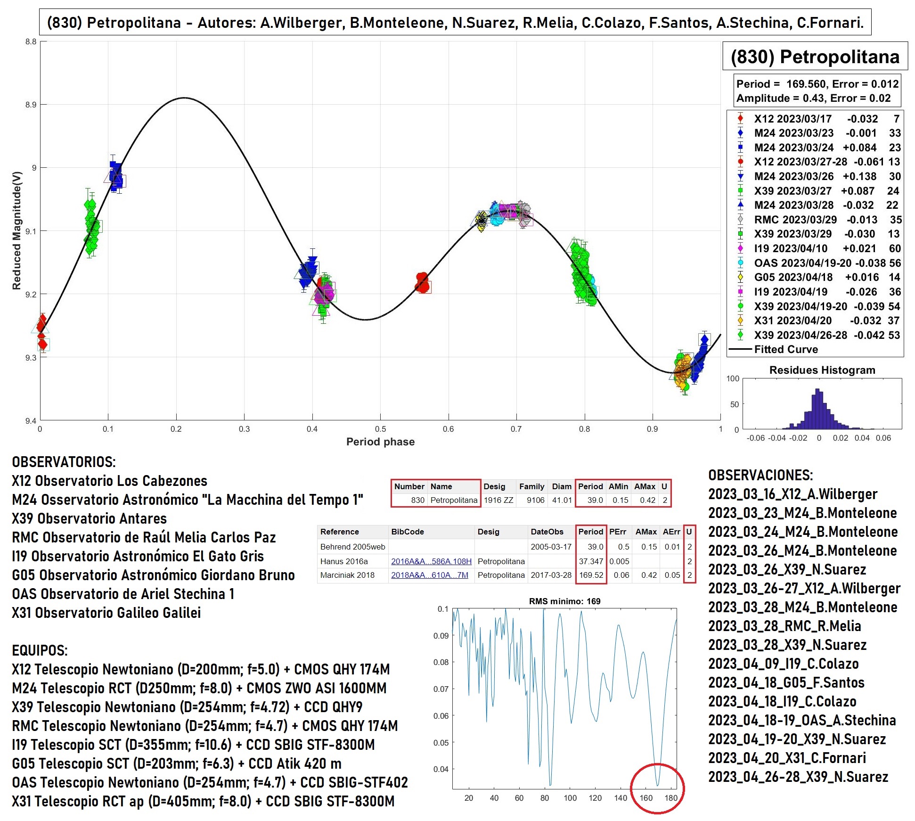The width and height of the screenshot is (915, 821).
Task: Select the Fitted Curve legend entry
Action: pos(786,349)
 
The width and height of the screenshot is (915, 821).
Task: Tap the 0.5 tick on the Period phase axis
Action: pos(380,429)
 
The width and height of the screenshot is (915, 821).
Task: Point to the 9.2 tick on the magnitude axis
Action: pos(31,295)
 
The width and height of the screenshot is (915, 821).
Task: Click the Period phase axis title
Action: pos(380,442)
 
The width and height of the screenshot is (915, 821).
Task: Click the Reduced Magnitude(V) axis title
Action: pos(17,230)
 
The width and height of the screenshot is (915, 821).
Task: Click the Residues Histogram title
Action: pos(822,370)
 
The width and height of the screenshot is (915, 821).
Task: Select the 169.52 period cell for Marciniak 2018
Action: pos(591,575)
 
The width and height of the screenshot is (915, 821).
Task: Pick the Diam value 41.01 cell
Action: pos(562,500)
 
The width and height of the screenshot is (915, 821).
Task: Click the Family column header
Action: pos(531,486)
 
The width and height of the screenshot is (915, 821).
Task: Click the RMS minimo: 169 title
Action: pos(564,601)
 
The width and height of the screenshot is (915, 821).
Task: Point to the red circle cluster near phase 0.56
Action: pos(423,282)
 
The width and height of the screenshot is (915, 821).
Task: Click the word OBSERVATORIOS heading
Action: pos(64,462)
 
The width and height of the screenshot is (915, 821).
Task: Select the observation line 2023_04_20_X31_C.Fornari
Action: pos(787,758)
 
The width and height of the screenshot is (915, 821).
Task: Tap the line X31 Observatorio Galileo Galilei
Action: pos(106,613)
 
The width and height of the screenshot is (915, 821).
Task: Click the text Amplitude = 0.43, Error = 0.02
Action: pos(813,98)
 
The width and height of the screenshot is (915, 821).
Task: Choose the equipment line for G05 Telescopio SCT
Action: pos(177,764)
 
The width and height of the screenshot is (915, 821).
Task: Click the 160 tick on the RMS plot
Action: pos(646,798)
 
